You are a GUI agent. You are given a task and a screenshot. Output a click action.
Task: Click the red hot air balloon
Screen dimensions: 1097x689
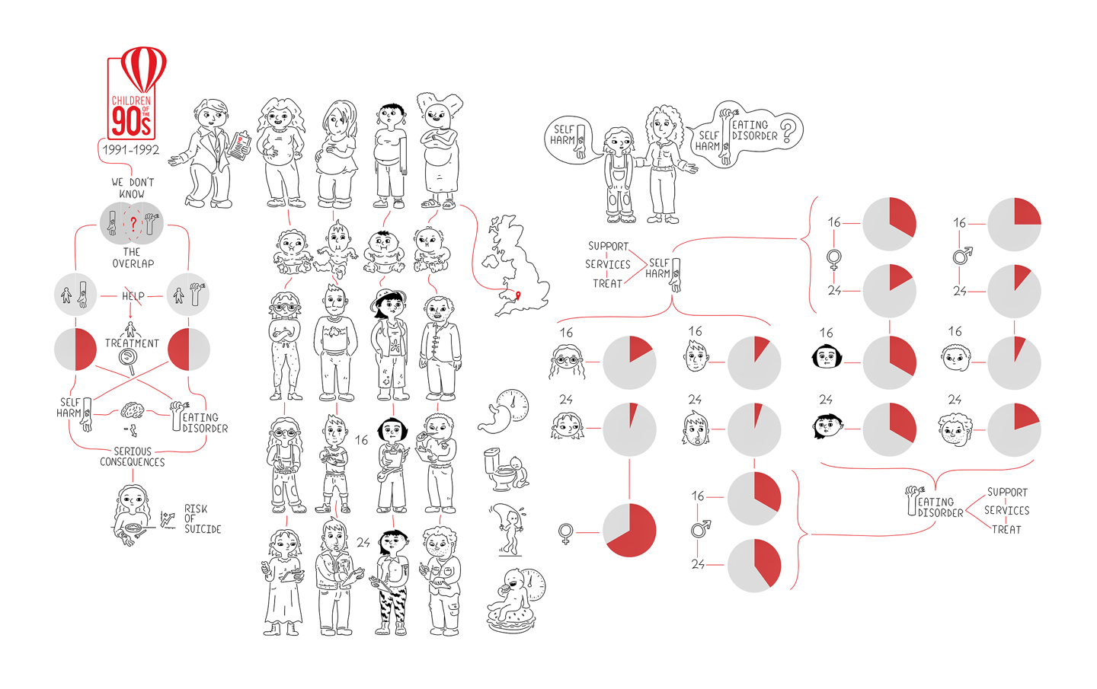(143, 69)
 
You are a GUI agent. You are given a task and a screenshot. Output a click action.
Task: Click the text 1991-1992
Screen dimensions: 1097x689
(131, 150)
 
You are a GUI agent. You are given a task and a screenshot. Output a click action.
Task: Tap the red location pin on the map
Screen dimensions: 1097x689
(518, 295)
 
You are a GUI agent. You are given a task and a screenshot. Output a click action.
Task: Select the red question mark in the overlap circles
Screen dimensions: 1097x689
(133, 223)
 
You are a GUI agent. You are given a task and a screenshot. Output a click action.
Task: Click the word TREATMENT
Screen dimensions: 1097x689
(132, 343)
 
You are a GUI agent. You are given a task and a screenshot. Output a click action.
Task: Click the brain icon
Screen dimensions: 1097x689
(132, 410)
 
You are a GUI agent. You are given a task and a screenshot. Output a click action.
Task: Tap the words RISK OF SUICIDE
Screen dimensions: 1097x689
(203, 518)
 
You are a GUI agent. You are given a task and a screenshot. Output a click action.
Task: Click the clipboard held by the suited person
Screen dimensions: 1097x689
(239, 146)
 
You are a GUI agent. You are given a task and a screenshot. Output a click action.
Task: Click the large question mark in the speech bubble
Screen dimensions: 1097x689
(787, 131)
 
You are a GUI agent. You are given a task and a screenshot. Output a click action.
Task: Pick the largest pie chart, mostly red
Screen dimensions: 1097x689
(629, 530)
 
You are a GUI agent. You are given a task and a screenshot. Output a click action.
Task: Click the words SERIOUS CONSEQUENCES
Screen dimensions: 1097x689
(133, 457)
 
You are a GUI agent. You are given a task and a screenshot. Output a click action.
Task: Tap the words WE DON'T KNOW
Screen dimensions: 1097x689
(133, 188)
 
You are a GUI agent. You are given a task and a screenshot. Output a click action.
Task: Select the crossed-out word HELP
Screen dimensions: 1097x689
(133, 296)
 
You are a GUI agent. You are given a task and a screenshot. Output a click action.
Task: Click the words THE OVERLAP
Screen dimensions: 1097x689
(133, 257)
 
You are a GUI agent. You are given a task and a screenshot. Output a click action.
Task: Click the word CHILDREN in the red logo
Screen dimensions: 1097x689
(131, 100)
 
